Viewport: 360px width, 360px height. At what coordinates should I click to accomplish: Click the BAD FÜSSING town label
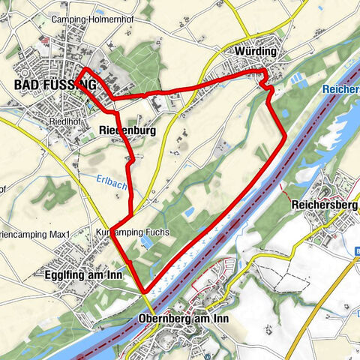(55, 85)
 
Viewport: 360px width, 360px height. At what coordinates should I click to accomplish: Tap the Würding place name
(255, 51)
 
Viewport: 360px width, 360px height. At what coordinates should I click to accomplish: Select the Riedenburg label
(126, 130)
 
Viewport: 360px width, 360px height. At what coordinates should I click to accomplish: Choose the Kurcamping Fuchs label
(133, 232)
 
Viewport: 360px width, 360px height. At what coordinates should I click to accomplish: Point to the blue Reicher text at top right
(340, 89)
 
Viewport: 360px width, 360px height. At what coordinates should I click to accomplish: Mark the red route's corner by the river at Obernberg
(144, 292)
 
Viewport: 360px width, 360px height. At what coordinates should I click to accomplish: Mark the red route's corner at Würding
(264, 72)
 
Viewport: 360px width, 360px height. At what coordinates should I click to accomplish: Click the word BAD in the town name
(27, 85)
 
